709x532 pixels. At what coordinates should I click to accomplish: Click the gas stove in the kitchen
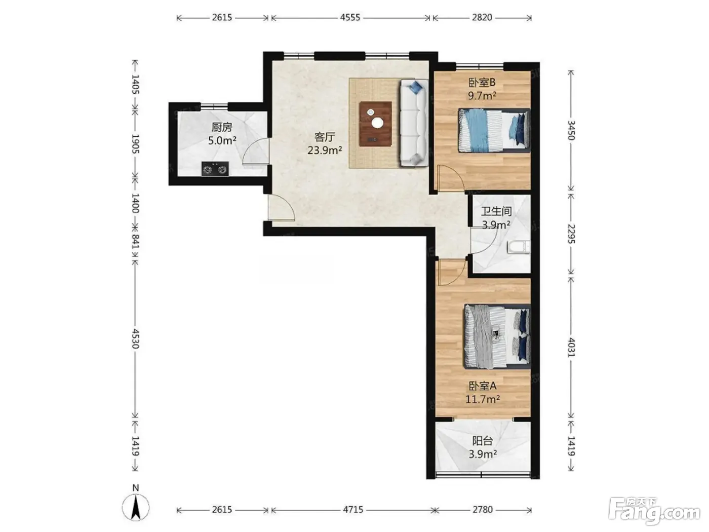(215, 169)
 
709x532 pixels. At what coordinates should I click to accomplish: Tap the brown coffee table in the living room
(376, 124)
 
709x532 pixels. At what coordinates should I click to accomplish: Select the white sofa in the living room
(414, 123)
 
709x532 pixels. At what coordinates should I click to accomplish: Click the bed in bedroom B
(494, 130)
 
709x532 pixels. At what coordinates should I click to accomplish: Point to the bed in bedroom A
(497, 336)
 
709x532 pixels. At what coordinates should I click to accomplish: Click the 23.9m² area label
(325, 150)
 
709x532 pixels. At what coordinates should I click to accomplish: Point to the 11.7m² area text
(483, 400)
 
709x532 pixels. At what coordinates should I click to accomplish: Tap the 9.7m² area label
(482, 96)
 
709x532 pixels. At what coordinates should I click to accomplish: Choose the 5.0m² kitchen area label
(222, 140)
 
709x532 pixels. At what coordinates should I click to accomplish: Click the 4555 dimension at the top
(350, 17)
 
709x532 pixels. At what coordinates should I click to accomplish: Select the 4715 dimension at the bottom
(353, 510)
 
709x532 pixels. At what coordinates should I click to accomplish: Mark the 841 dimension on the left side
(135, 242)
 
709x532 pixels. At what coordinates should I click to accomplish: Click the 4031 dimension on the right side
(571, 347)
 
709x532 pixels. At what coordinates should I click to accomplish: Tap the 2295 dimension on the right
(571, 234)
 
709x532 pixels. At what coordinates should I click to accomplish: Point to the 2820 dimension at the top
(482, 17)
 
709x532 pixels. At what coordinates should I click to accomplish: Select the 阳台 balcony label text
(483, 441)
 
